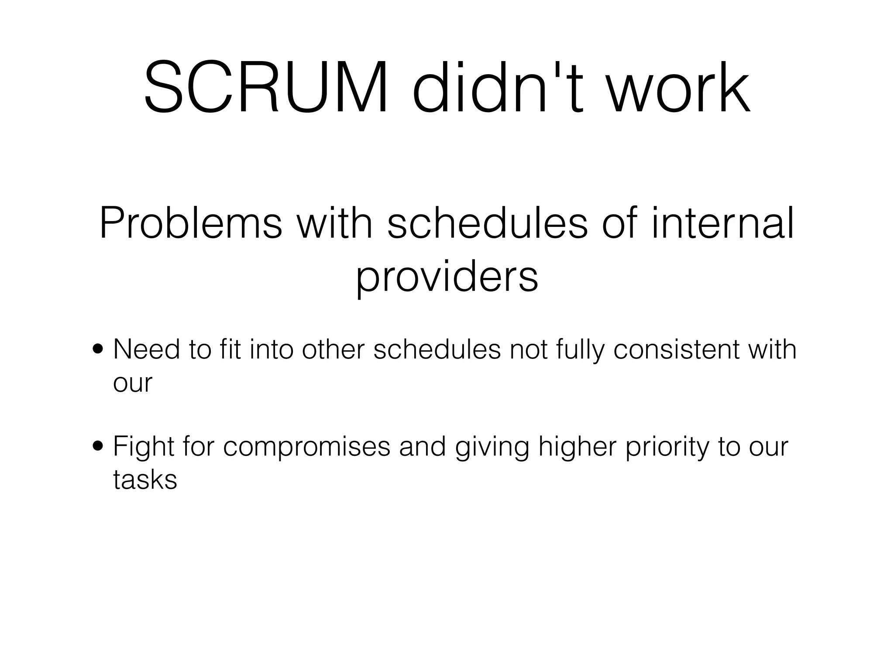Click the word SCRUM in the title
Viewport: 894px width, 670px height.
[266, 88]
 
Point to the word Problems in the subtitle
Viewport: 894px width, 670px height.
[191, 223]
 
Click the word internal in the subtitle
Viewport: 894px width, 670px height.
[722, 223]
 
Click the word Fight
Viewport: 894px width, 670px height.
[144, 448]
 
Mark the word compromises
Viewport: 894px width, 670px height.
[306, 448]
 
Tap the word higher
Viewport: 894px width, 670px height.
[577, 448]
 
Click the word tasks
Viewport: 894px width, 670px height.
[145, 480]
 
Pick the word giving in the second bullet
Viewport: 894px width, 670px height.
[492, 448]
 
